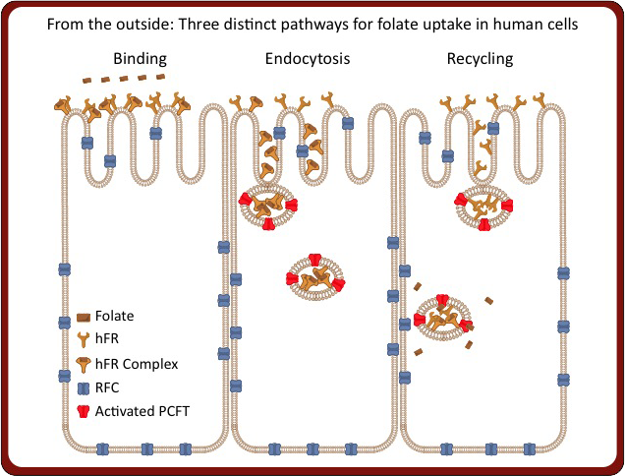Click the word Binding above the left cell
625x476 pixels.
pyautogui.click(x=141, y=59)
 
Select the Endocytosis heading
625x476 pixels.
pyautogui.click(x=308, y=59)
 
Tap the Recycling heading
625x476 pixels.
pyautogui.click(x=481, y=59)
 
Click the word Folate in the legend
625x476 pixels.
pyautogui.click(x=115, y=317)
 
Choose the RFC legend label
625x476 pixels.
pyautogui.click(x=108, y=387)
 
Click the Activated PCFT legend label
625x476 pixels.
pyautogui.click(x=142, y=411)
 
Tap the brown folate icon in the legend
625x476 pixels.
pyautogui.click(x=85, y=318)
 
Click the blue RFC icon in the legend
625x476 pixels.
pyautogui.click(x=85, y=387)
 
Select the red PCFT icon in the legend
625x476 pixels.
pyautogui.click(x=85, y=411)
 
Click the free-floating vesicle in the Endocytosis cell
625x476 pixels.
pyautogui.click(x=315, y=277)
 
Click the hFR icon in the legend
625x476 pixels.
pyautogui.click(x=85, y=340)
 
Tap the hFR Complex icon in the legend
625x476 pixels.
pyautogui.click(x=85, y=364)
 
